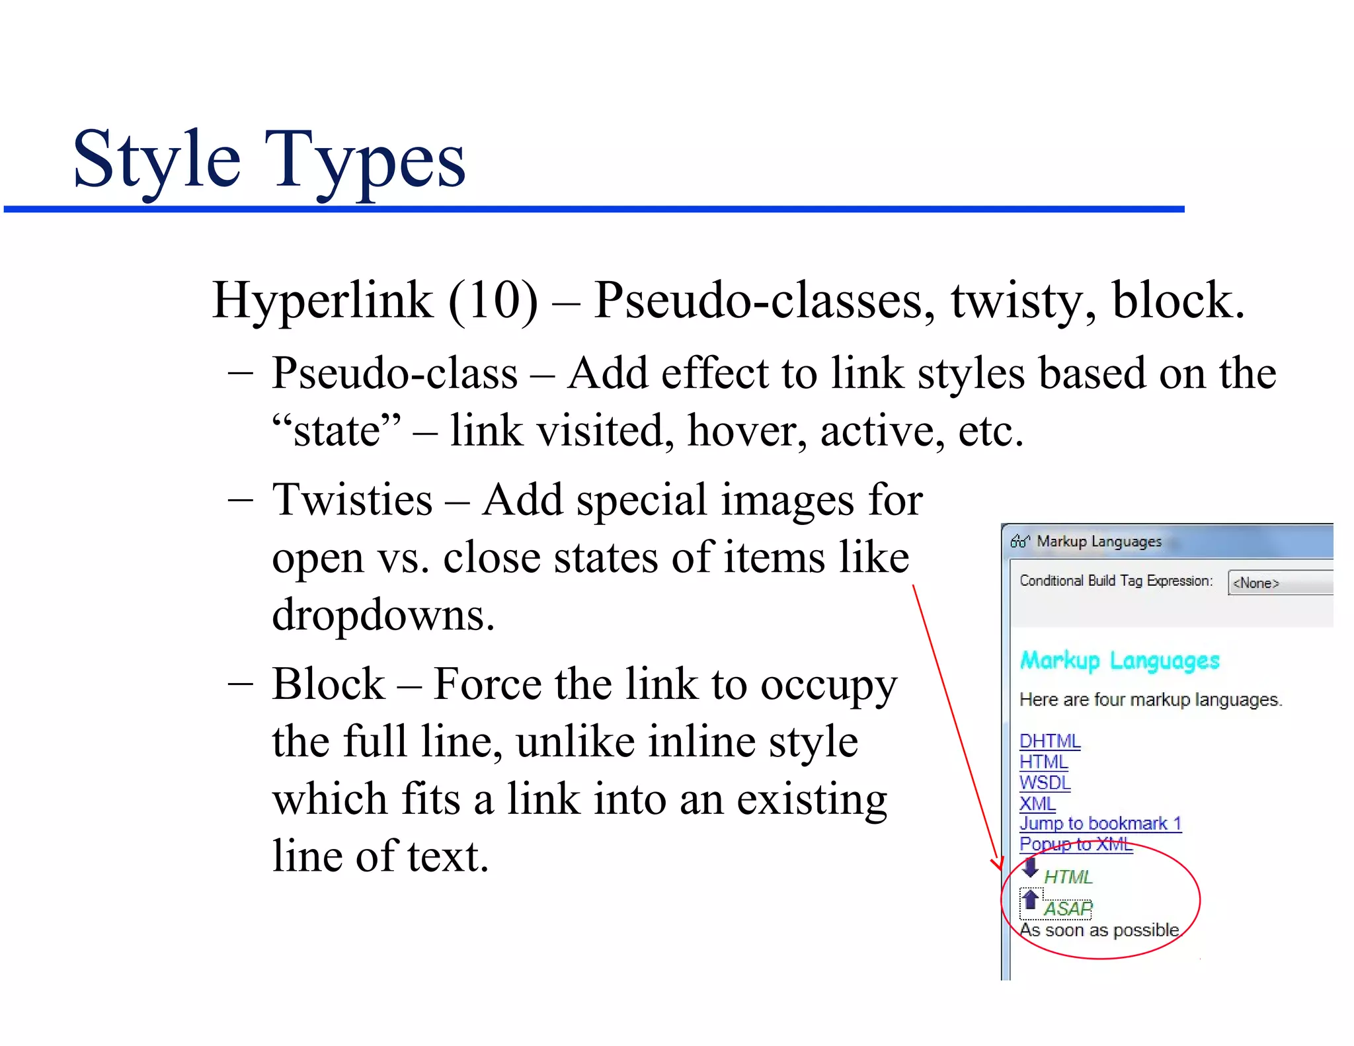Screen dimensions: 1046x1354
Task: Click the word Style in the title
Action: point(157,161)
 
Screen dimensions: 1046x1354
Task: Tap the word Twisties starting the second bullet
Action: point(352,500)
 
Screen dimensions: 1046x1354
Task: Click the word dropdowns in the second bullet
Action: point(383,615)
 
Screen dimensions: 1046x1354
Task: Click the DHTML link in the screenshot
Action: point(1049,741)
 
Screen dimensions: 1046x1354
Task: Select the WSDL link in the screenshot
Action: point(1045,783)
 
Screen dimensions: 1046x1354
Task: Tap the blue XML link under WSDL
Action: point(1037,803)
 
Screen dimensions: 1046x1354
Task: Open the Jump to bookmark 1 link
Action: point(1100,824)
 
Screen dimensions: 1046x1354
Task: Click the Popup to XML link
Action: point(1076,844)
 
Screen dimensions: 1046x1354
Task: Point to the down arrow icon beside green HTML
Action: point(1030,867)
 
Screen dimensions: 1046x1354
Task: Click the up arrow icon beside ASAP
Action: point(1030,899)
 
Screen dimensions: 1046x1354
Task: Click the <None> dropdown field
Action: point(1279,583)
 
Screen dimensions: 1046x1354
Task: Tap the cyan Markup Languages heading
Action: point(1119,661)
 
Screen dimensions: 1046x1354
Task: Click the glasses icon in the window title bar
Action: point(1019,542)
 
